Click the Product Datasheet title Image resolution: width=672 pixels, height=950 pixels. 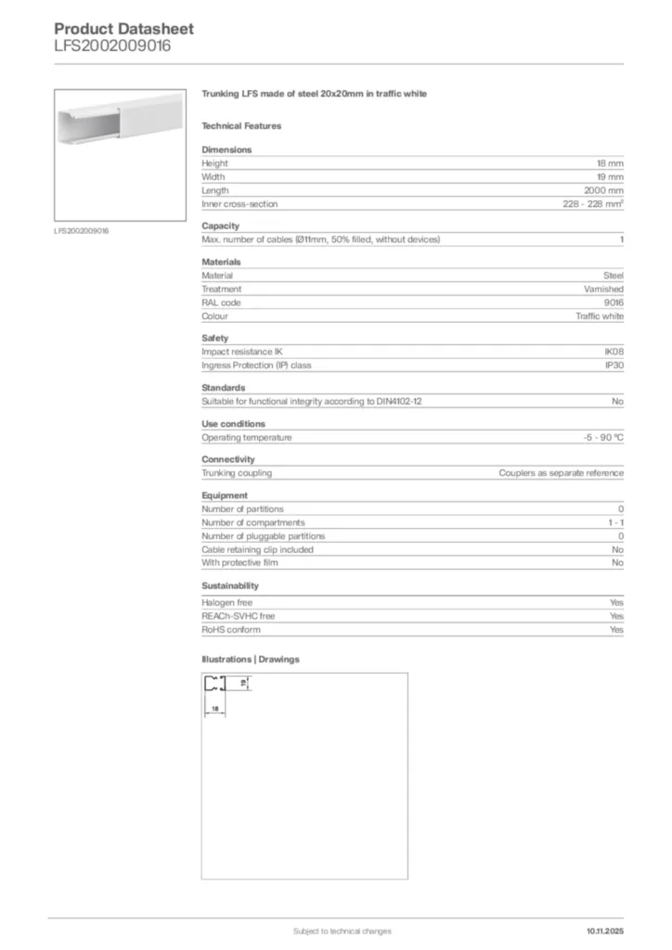(123, 29)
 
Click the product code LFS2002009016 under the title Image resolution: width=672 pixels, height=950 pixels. (112, 45)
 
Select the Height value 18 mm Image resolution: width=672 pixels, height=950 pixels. (610, 163)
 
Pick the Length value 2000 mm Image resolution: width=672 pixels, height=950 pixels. (603, 190)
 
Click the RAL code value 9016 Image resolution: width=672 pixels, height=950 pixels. (614, 302)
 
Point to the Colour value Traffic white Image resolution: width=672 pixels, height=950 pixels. (600, 316)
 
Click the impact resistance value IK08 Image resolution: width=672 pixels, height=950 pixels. (614, 352)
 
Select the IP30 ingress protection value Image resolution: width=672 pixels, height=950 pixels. (614, 366)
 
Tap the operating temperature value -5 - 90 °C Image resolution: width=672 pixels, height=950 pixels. (597, 437)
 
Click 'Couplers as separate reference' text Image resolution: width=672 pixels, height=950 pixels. (561, 473)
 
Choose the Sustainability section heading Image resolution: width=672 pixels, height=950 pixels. (230, 586)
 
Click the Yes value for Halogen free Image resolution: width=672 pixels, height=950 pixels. (616, 603)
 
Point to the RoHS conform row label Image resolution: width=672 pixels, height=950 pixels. (231, 630)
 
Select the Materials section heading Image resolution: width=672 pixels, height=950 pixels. (221, 262)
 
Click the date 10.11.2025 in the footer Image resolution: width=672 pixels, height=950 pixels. (605, 931)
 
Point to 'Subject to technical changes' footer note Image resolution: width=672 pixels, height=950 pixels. (342, 931)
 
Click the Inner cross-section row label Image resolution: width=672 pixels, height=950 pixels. (239, 204)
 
